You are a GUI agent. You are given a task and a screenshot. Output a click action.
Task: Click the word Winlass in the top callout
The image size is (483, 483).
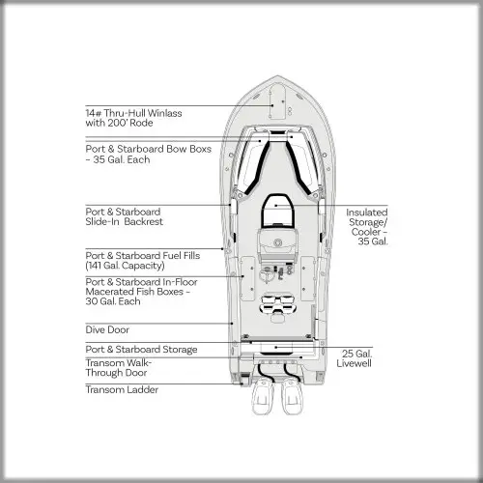(165, 113)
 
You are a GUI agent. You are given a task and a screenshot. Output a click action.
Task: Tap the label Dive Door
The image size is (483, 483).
(107, 329)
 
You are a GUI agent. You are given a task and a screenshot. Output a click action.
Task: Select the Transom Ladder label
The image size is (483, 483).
(122, 389)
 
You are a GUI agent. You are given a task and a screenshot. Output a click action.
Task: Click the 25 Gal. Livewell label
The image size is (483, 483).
(355, 358)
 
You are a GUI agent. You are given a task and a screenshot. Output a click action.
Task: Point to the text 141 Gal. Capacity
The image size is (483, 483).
(125, 266)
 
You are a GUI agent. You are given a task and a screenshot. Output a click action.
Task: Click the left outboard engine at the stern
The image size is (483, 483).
(263, 396)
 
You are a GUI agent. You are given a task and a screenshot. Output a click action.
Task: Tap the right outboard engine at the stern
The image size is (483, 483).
(293, 396)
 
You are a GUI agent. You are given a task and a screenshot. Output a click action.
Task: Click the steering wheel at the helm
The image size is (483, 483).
(266, 274)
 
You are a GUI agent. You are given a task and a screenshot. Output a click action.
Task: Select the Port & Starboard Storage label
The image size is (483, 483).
(141, 350)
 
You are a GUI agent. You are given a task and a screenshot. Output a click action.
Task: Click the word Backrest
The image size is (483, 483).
(144, 221)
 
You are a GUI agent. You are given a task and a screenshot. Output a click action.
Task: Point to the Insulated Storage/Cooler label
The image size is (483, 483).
(367, 227)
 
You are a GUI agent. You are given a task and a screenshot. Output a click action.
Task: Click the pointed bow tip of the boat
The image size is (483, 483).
(277, 76)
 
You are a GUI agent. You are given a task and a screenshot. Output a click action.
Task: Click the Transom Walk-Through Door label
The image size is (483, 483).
(119, 368)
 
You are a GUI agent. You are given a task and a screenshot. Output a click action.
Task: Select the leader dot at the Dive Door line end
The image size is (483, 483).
(232, 324)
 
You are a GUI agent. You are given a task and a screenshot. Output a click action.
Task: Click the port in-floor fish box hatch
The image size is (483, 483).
(248, 279)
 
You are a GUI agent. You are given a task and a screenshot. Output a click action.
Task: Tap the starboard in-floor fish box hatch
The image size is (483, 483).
(307, 279)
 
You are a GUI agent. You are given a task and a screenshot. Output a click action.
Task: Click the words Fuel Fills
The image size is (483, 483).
(182, 256)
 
